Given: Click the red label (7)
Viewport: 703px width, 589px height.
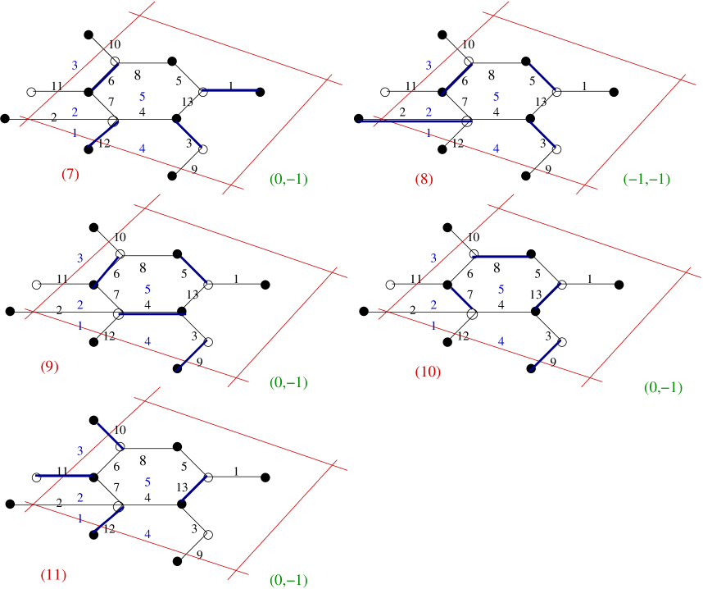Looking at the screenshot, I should pyautogui.click(x=70, y=174).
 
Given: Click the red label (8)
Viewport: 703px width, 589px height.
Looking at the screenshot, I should pyautogui.click(x=424, y=179).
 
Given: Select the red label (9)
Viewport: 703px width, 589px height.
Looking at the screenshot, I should pyautogui.click(x=49, y=367).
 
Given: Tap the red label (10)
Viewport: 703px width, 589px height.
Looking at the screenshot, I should pyautogui.click(x=428, y=372).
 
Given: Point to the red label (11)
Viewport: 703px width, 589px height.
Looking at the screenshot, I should pyautogui.click(x=53, y=574).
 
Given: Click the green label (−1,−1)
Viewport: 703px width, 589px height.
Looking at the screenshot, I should pyautogui.click(x=646, y=179).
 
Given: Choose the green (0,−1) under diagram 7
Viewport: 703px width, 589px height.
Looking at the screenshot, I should pyautogui.click(x=288, y=179).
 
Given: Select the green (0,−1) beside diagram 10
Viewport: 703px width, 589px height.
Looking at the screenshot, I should pyautogui.click(x=663, y=387).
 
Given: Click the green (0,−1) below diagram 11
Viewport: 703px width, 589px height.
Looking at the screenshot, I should pyautogui.click(x=288, y=580).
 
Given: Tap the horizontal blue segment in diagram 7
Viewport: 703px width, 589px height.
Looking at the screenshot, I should pyautogui.click(x=230, y=89).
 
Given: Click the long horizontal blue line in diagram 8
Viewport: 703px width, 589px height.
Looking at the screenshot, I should pyautogui.click(x=415, y=121).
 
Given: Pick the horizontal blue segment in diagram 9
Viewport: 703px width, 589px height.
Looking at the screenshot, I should pyautogui.click(x=152, y=313).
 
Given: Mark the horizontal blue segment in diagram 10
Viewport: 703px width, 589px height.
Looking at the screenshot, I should pyautogui.click(x=501, y=257).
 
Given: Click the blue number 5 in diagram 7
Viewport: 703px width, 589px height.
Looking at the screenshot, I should pyautogui.click(x=143, y=97).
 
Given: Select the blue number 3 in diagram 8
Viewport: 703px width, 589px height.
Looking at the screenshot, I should pyautogui.click(x=428, y=66).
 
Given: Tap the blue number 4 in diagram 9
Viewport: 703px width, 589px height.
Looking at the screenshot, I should pyautogui.click(x=147, y=340).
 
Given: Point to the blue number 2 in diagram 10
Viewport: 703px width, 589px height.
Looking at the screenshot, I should pyautogui.click(x=433, y=305).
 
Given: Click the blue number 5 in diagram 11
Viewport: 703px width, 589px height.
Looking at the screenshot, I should pyautogui.click(x=147, y=482).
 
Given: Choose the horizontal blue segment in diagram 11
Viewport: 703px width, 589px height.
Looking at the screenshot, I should pyautogui.click(x=64, y=475).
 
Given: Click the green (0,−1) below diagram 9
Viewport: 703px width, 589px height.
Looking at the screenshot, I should pyautogui.click(x=288, y=382).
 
